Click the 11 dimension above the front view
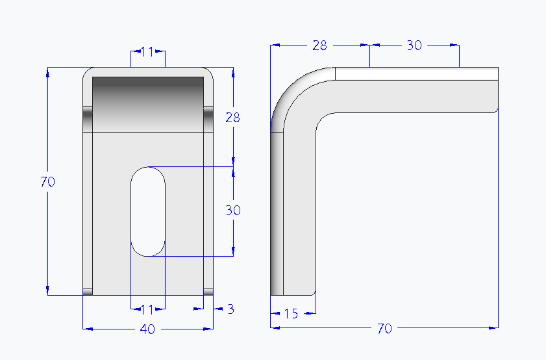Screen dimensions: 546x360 147,52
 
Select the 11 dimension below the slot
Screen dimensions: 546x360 147,309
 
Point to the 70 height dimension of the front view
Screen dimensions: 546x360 47,181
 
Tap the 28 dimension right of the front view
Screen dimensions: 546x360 232,118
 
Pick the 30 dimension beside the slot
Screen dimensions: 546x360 233,210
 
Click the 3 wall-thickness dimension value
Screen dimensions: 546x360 231,309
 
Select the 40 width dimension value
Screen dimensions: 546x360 147,329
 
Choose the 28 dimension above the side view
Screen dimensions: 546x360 319,45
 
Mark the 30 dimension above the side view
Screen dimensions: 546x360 414,45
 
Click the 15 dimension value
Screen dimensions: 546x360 291,314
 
